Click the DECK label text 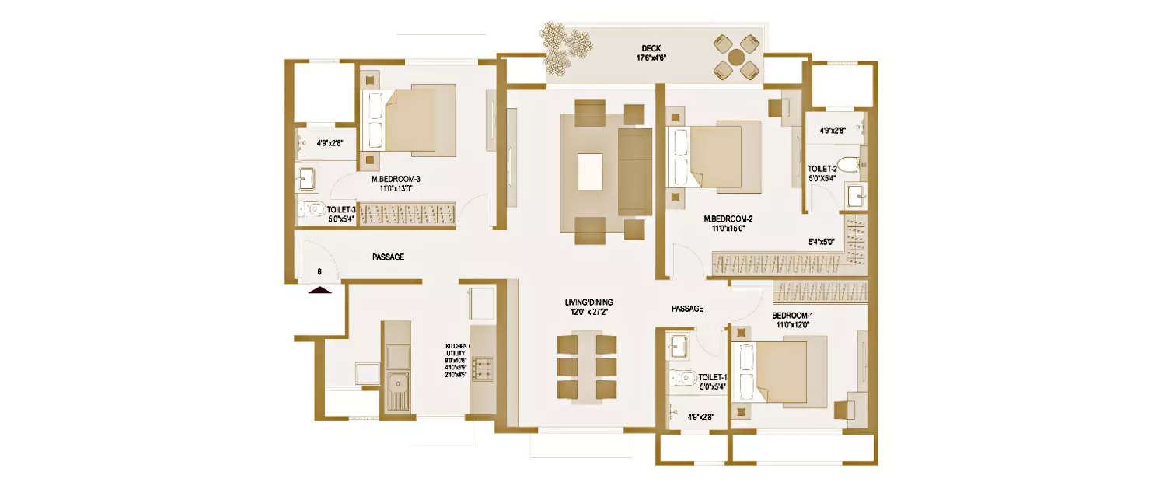(x=651, y=48)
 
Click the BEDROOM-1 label (x=792, y=316)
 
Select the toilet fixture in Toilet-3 (x=313, y=208)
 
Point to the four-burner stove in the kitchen (x=482, y=368)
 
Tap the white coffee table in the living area (x=591, y=171)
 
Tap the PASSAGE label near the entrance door (x=388, y=257)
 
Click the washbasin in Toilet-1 (x=676, y=345)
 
